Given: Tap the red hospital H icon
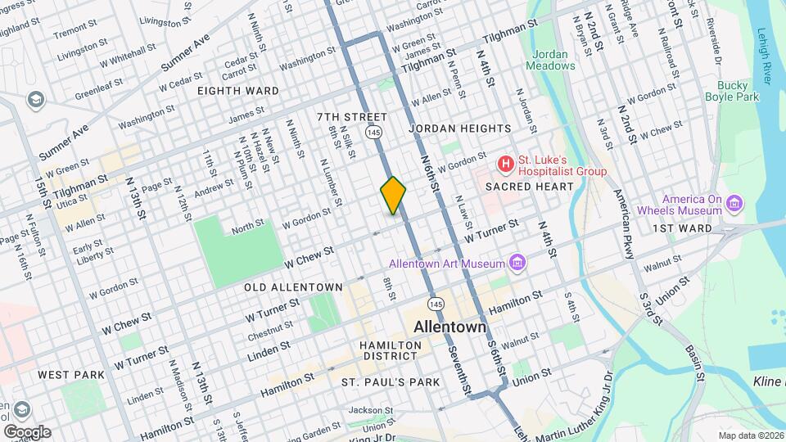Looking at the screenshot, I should click(x=506, y=165).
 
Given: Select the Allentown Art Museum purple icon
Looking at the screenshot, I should click(x=517, y=262).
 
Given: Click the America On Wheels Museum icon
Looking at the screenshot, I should click(x=734, y=202).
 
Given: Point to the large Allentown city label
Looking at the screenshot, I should click(x=449, y=327).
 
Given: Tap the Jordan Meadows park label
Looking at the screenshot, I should click(x=546, y=59).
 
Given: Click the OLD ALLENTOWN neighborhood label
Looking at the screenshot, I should click(x=293, y=287).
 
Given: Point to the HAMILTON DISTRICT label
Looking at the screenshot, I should click(x=390, y=351).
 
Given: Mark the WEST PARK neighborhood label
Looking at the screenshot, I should click(x=71, y=374).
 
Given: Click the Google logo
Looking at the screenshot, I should click(x=26, y=431).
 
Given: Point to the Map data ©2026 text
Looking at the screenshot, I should click(x=750, y=435).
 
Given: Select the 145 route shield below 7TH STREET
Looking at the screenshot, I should click(x=373, y=132).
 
